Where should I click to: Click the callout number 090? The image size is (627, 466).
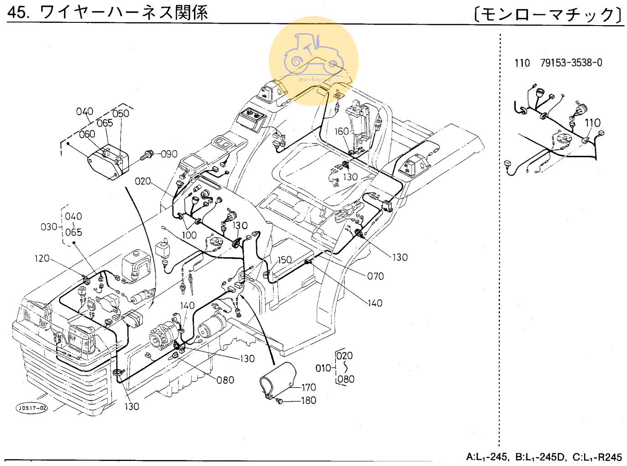click(x=169, y=154)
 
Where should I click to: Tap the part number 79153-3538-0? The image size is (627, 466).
click(x=571, y=63)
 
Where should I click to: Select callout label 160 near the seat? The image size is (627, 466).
click(x=341, y=132)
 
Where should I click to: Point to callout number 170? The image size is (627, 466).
click(x=308, y=387)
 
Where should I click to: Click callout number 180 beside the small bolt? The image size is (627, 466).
click(x=308, y=401)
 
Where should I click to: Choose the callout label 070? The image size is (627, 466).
click(x=375, y=276)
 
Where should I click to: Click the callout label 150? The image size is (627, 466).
click(x=284, y=259)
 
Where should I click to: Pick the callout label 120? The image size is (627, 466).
click(x=42, y=259)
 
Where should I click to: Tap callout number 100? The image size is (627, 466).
click(x=189, y=235)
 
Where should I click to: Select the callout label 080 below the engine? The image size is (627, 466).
click(x=225, y=380)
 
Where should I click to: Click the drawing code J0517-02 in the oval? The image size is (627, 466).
click(x=32, y=408)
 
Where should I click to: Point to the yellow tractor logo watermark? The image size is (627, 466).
click(x=314, y=61)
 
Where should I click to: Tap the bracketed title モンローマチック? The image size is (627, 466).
click(x=548, y=14)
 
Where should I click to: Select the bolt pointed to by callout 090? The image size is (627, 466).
click(x=147, y=155)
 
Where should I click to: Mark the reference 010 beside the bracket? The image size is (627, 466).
click(x=323, y=368)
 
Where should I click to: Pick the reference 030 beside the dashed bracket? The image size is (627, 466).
click(x=49, y=227)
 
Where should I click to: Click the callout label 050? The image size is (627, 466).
click(x=120, y=114)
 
